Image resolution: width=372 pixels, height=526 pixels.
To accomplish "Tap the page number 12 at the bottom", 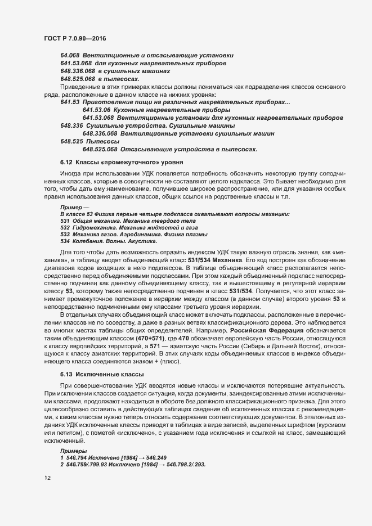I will point(47,478).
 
